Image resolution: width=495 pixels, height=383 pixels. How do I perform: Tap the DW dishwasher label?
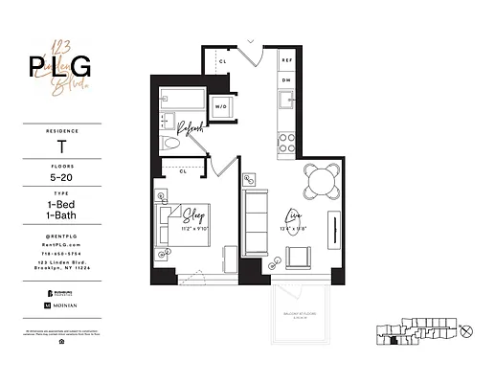[x=285, y=80]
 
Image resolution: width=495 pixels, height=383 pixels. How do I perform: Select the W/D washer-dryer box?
[x=221, y=106]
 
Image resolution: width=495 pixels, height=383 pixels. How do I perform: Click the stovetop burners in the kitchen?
[x=286, y=142]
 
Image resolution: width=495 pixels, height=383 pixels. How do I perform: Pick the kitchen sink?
[x=286, y=101]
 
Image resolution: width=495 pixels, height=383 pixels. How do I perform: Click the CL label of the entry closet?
[x=222, y=61]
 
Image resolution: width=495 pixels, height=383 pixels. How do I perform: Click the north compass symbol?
[x=466, y=331]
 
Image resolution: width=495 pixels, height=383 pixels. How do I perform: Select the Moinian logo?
[x=63, y=304]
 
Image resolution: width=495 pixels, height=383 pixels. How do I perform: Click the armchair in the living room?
[x=298, y=258]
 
